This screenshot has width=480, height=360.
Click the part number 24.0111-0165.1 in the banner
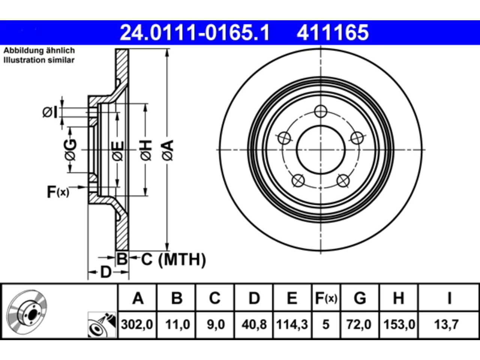point(195,33)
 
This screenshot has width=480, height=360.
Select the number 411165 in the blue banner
point(333,33)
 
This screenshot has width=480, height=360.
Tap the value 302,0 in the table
point(137,324)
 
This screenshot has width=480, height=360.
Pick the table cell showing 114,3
point(292,324)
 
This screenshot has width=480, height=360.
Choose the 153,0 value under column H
point(399,324)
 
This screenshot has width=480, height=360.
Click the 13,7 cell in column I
point(446,324)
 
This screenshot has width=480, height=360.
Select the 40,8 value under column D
point(254,324)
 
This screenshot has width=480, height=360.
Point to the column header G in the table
point(360,298)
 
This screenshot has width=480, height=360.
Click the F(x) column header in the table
point(326,298)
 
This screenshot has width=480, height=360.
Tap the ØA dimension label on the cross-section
point(168,150)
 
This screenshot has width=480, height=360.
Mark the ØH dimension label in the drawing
point(146,150)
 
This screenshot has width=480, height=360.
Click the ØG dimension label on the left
point(70,150)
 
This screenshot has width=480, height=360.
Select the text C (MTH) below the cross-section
point(173,259)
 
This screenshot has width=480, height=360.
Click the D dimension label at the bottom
point(106,272)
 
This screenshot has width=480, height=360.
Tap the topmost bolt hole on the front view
point(321,111)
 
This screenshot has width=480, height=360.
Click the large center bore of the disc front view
point(321,150)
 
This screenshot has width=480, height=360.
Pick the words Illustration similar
point(39,60)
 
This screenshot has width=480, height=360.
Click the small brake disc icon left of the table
point(27,312)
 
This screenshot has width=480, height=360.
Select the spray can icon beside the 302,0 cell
point(102,325)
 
